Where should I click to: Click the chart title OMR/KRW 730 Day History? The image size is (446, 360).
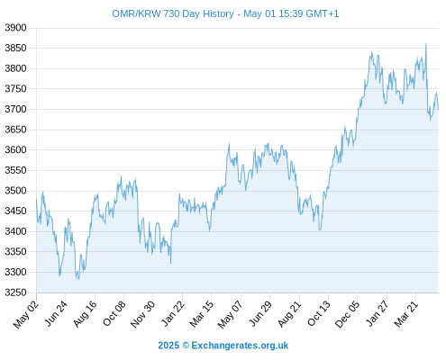coord(173,13)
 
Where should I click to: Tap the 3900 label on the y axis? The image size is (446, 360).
coord(15,28)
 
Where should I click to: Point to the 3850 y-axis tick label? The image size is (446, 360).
coord(15,48)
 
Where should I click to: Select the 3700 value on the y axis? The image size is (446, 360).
coord(15,109)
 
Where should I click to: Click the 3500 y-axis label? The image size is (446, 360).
coord(15,191)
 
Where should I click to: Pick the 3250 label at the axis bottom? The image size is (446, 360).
coord(15,292)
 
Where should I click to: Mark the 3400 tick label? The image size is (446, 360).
coord(15,231)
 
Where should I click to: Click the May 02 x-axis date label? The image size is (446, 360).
coord(26,314)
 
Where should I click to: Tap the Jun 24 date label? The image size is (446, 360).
coord(56,313)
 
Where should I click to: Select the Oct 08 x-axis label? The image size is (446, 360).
coord(114,313)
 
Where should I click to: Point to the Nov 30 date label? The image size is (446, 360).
coord(143,314)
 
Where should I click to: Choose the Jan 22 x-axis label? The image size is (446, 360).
coord(172,313)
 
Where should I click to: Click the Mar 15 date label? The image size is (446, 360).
coord(201,313)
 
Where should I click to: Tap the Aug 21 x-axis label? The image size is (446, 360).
coord(289,313)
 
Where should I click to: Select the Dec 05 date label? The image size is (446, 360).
coord(347,314)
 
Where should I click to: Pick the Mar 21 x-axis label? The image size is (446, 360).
coord(406,313)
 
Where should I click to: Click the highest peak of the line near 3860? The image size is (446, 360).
coord(426,44)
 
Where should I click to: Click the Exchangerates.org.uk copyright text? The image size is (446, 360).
coord(223,346)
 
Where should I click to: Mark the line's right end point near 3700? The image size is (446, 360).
coord(438,109)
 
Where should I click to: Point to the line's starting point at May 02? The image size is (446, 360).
coord(37,199)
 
